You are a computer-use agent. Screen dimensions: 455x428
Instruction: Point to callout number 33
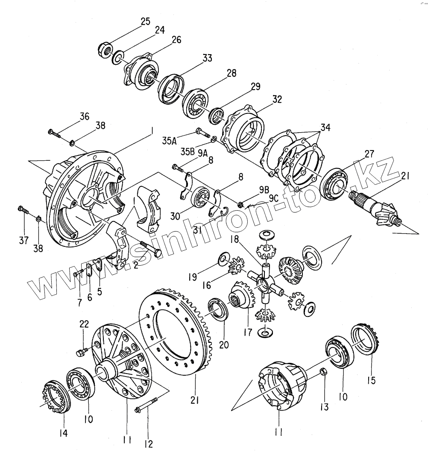[207, 58]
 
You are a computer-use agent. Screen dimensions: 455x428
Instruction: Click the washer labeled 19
[222, 258]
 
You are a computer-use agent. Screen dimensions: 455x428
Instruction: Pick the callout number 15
[371, 380]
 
